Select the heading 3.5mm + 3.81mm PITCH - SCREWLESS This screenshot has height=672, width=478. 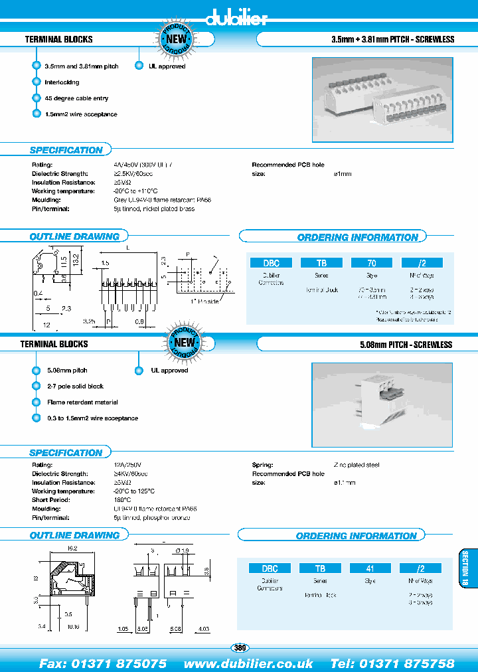tap(392, 40)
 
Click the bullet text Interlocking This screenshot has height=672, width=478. tap(62, 82)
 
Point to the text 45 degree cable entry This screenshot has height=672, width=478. tap(76, 98)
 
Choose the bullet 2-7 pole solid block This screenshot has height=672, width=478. tap(75, 386)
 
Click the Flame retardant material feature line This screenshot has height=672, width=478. tap(82, 402)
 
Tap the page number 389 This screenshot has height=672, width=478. tap(239, 647)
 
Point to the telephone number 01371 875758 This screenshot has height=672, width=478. tap(407, 663)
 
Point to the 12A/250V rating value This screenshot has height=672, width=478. tap(128, 465)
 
